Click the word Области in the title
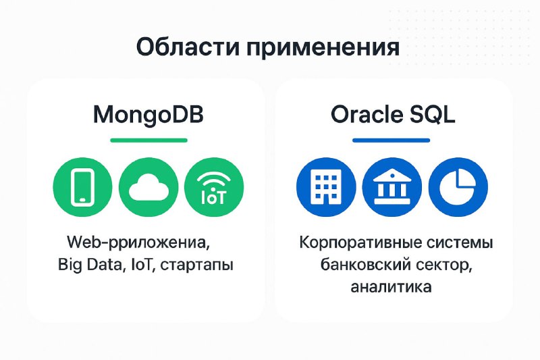point(188,47)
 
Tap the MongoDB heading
point(148,115)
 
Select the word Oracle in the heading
point(366,115)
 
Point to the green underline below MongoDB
point(148,140)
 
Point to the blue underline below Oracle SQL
point(391,140)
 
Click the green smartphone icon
point(82,187)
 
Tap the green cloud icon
point(148,187)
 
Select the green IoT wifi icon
point(214,187)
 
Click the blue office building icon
point(326,187)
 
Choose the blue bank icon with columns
point(392,187)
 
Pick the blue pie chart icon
point(458,187)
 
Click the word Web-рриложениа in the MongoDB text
point(138,243)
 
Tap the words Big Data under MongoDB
point(90,265)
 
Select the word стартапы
point(197,266)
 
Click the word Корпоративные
point(360,243)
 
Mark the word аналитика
point(391,286)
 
